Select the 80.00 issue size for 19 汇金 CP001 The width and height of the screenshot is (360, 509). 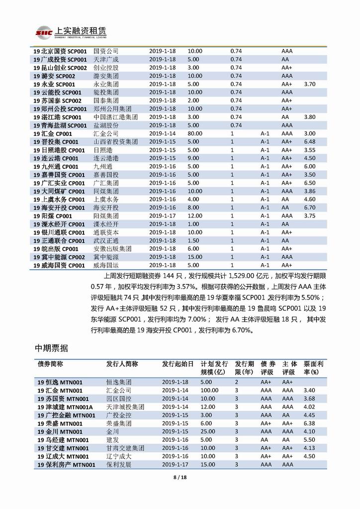point(195,133)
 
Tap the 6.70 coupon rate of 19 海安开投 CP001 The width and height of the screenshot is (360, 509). point(310,207)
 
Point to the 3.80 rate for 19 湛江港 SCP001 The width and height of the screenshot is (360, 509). point(310,117)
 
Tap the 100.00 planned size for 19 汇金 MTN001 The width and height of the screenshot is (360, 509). point(209,391)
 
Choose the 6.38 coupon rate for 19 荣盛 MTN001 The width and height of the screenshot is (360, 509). point(310,423)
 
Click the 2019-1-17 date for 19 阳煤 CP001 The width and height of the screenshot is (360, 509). point(163,216)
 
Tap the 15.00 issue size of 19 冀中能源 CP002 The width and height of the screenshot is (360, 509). point(195,257)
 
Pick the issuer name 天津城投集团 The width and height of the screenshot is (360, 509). point(125,407)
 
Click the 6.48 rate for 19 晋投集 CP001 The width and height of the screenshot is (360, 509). point(310,142)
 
